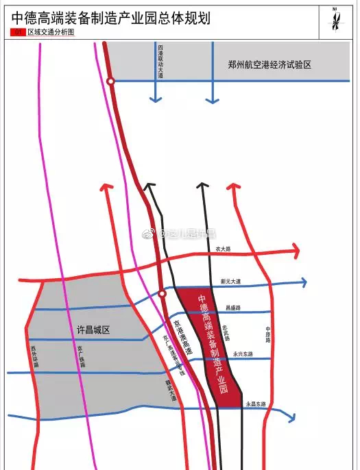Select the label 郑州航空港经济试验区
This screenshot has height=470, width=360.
tap(269, 64)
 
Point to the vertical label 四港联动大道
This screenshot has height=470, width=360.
tap(160, 62)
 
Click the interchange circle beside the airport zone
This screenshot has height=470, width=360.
tap(110, 82)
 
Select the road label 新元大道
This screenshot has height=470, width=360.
tap(231, 282)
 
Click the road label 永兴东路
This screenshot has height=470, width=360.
tap(242, 354)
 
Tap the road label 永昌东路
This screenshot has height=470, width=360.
tap(256, 405)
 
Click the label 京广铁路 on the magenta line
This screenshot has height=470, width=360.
tap(80, 357)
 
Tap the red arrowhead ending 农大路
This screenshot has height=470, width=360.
tap(296, 251)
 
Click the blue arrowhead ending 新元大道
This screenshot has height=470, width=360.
tap(302, 282)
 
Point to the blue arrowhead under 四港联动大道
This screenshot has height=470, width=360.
tap(156, 99)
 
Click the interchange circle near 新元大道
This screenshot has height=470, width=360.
tap(163, 294)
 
